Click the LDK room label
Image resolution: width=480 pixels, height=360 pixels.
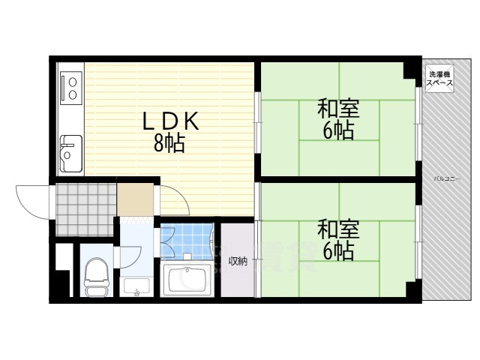pos(170,121)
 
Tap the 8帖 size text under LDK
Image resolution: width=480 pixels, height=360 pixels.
pos(170,142)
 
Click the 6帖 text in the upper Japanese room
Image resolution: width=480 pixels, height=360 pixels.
pos(338,131)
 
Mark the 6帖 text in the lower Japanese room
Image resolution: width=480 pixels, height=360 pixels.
pos(338,250)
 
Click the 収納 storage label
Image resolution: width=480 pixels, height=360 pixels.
pos(238,261)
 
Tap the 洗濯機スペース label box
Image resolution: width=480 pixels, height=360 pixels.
pos(439,79)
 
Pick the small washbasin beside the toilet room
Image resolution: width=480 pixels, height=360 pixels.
pos(136,287)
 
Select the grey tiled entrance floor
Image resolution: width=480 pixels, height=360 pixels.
pos(84,202)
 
